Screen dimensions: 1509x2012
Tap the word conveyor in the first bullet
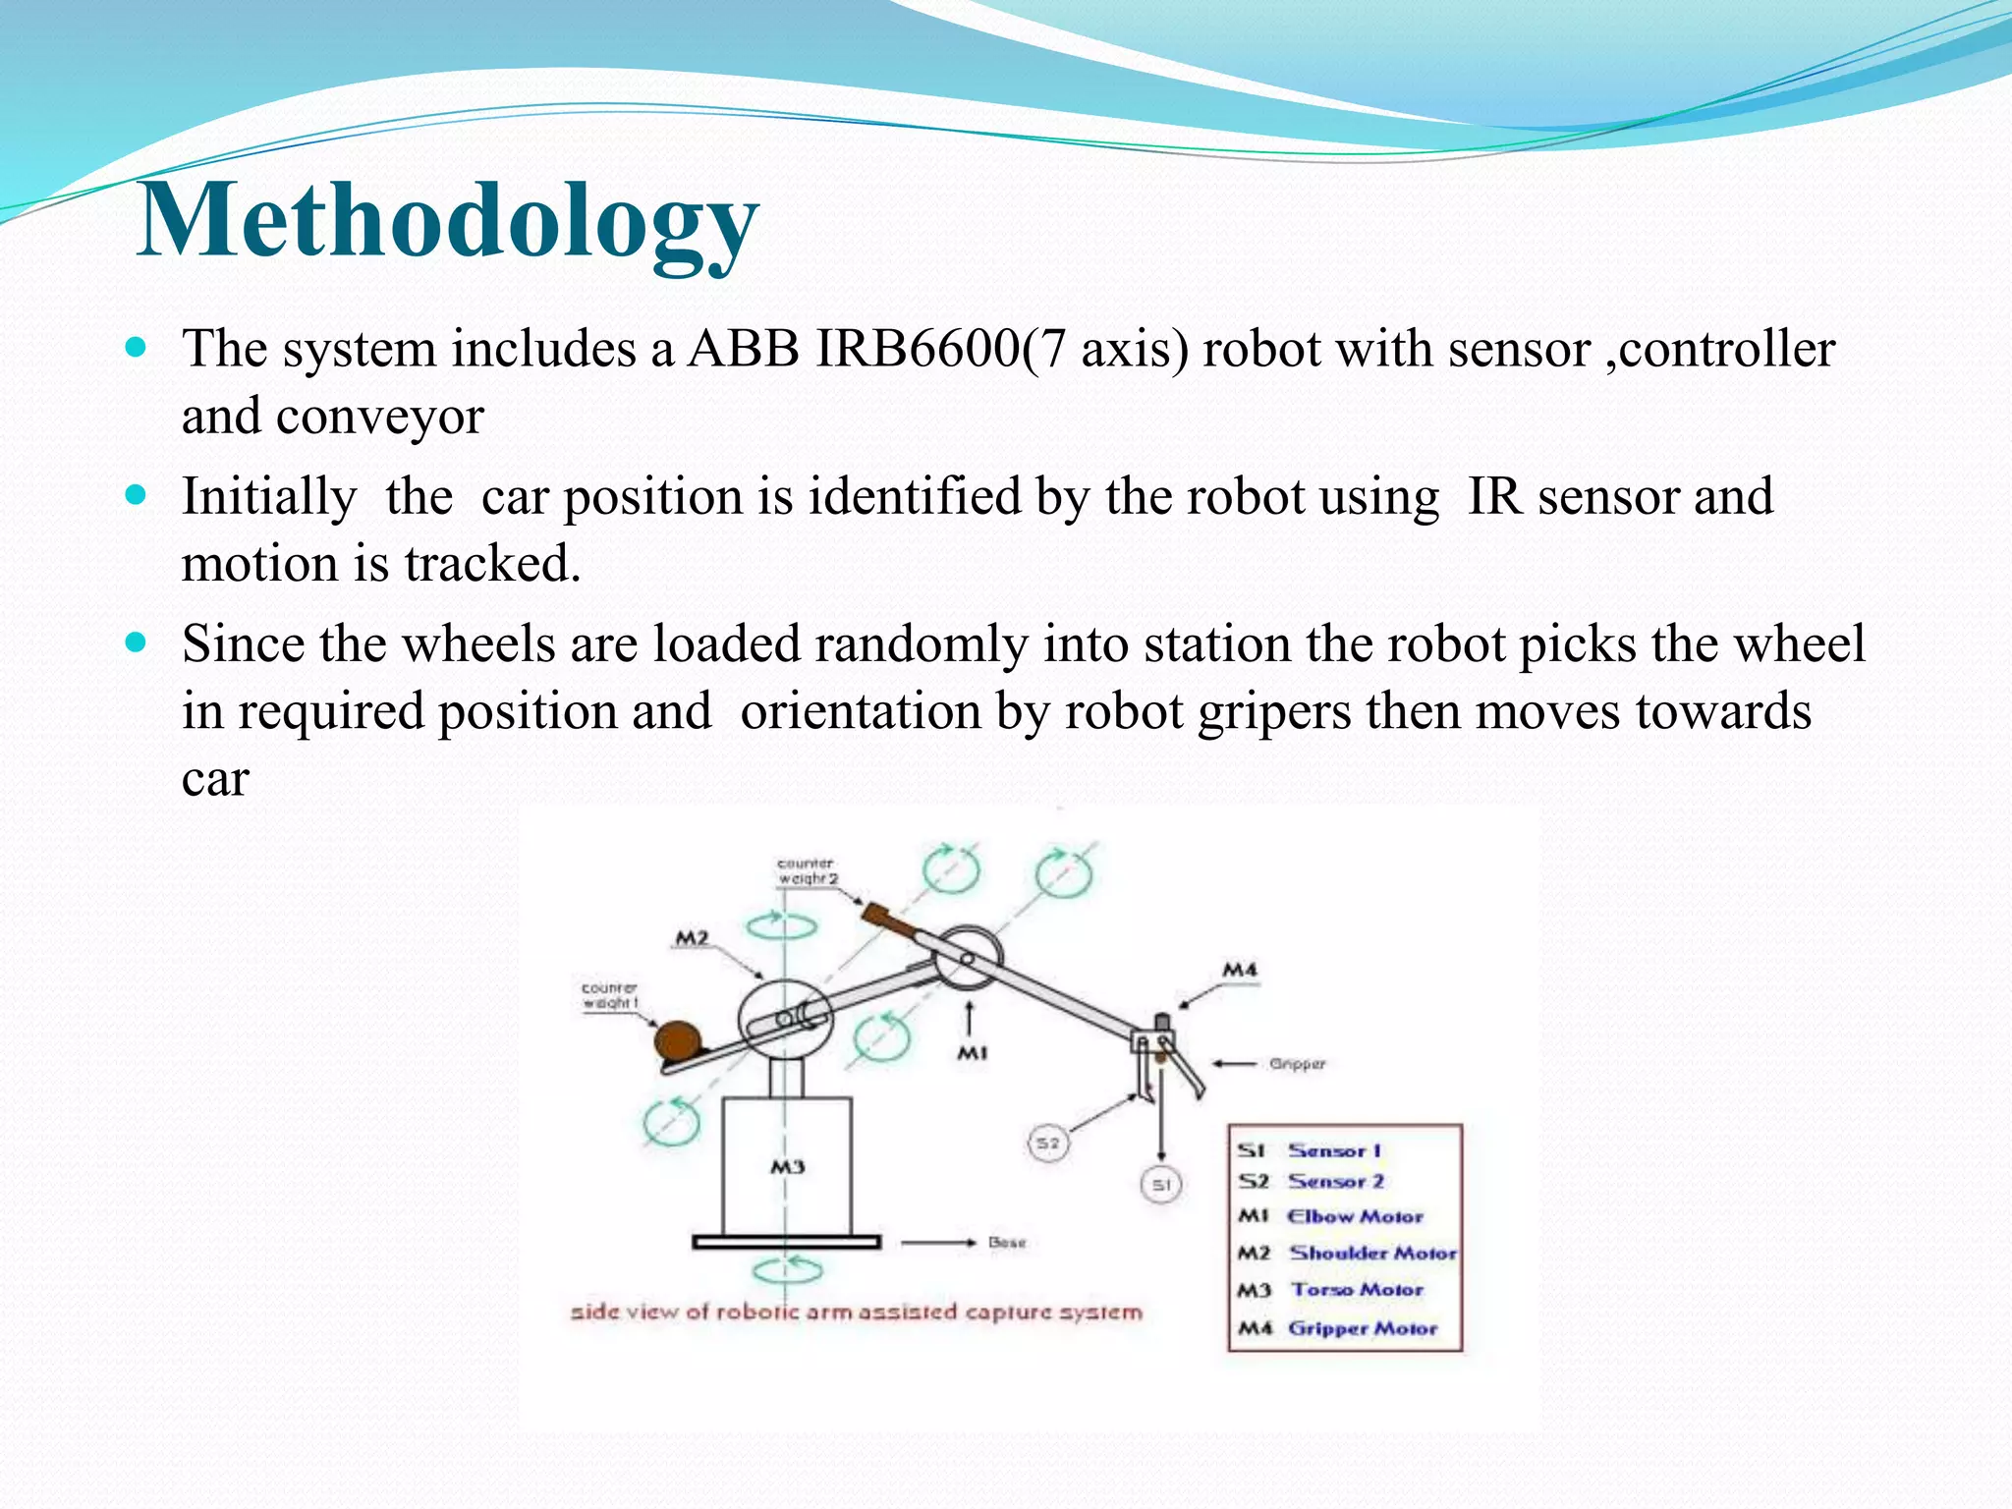tap(380, 417)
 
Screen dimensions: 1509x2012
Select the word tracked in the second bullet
tap(492, 564)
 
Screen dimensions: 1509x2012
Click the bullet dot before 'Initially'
tap(137, 494)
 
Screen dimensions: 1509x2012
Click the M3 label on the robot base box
tap(787, 1167)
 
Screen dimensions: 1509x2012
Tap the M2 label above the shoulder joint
tap(692, 938)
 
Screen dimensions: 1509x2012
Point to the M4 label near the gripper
tap(1239, 971)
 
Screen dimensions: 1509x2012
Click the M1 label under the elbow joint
tap(972, 1053)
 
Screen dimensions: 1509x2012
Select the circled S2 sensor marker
tap(1048, 1144)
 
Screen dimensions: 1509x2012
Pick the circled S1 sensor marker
tap(1161, 1185)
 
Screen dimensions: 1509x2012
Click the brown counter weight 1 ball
tap(678, 1041)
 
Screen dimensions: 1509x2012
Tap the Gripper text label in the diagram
tap(1297, 1064)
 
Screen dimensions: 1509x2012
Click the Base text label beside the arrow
tap(1007, 1243)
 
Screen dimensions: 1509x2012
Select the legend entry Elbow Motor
tap(1355, 1216)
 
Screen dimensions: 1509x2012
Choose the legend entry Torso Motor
tap(1357, 1290)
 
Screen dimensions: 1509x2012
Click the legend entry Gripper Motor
tap(1362, 1328)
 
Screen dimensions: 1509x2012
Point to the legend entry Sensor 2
tap(1336, 1181)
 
